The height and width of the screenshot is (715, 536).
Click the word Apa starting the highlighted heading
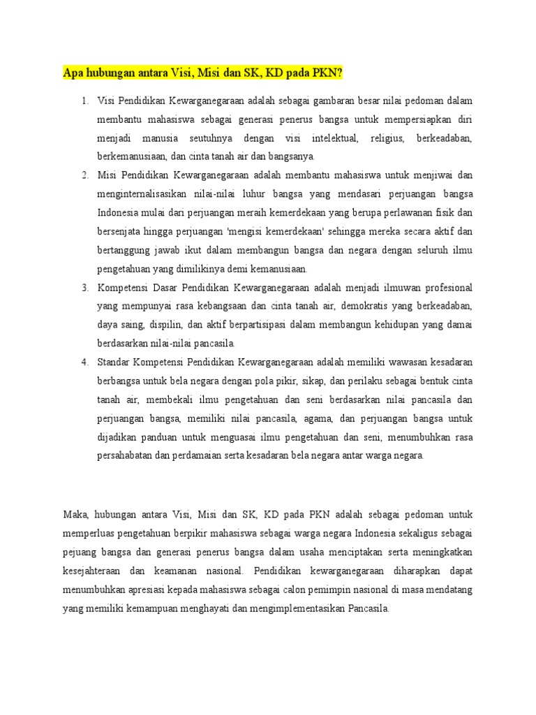(73, 73)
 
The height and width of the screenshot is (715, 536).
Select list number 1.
(84, 101)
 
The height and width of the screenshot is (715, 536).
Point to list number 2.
(84, 174)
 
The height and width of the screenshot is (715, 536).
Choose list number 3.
(84, 288)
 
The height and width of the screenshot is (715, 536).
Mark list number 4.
(84, 361)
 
